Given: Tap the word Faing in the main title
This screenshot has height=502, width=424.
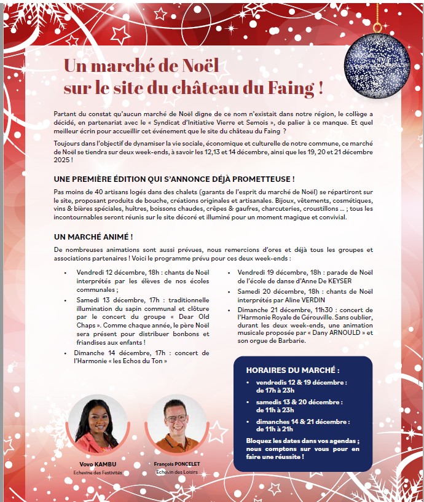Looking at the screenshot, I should (293, 87).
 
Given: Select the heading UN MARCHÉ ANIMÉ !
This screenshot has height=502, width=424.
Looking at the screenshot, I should (93, 237).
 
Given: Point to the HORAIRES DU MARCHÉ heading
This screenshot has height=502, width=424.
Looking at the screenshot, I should (292, 371).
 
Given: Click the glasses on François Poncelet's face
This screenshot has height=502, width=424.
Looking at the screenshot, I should (176, 418).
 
